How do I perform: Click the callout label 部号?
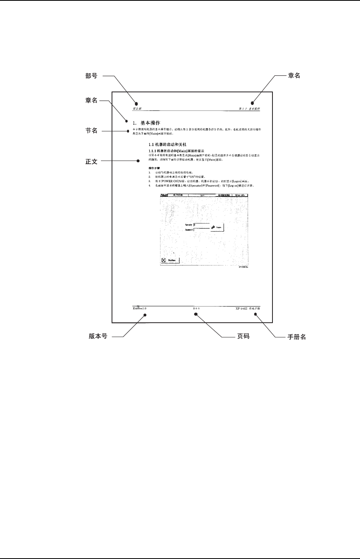(x=91, y=76)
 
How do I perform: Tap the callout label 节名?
(x=91, y=131)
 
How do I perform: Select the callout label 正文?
(x=91, y=161)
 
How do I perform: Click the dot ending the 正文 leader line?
(x=138, y=161)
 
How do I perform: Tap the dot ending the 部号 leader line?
(x=136, y=103)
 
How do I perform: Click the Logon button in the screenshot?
(x=217, y=228)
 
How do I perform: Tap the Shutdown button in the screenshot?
(x=170, y=260)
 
